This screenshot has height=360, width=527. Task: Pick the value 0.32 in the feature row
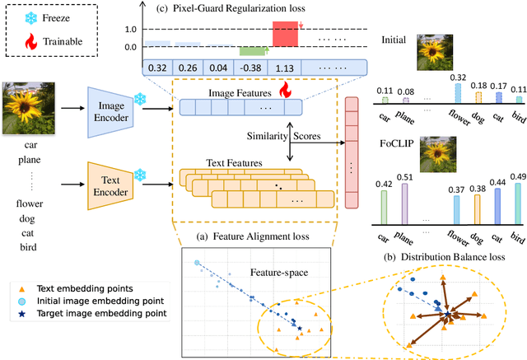(x=157, y=69)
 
